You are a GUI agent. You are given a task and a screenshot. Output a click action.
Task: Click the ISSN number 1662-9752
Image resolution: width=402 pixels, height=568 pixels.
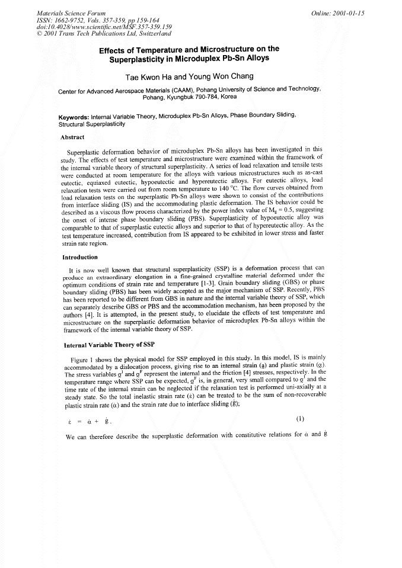(x=69, y=20)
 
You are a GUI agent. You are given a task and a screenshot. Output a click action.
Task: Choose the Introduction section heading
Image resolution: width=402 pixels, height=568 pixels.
(x=79, y=258)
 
